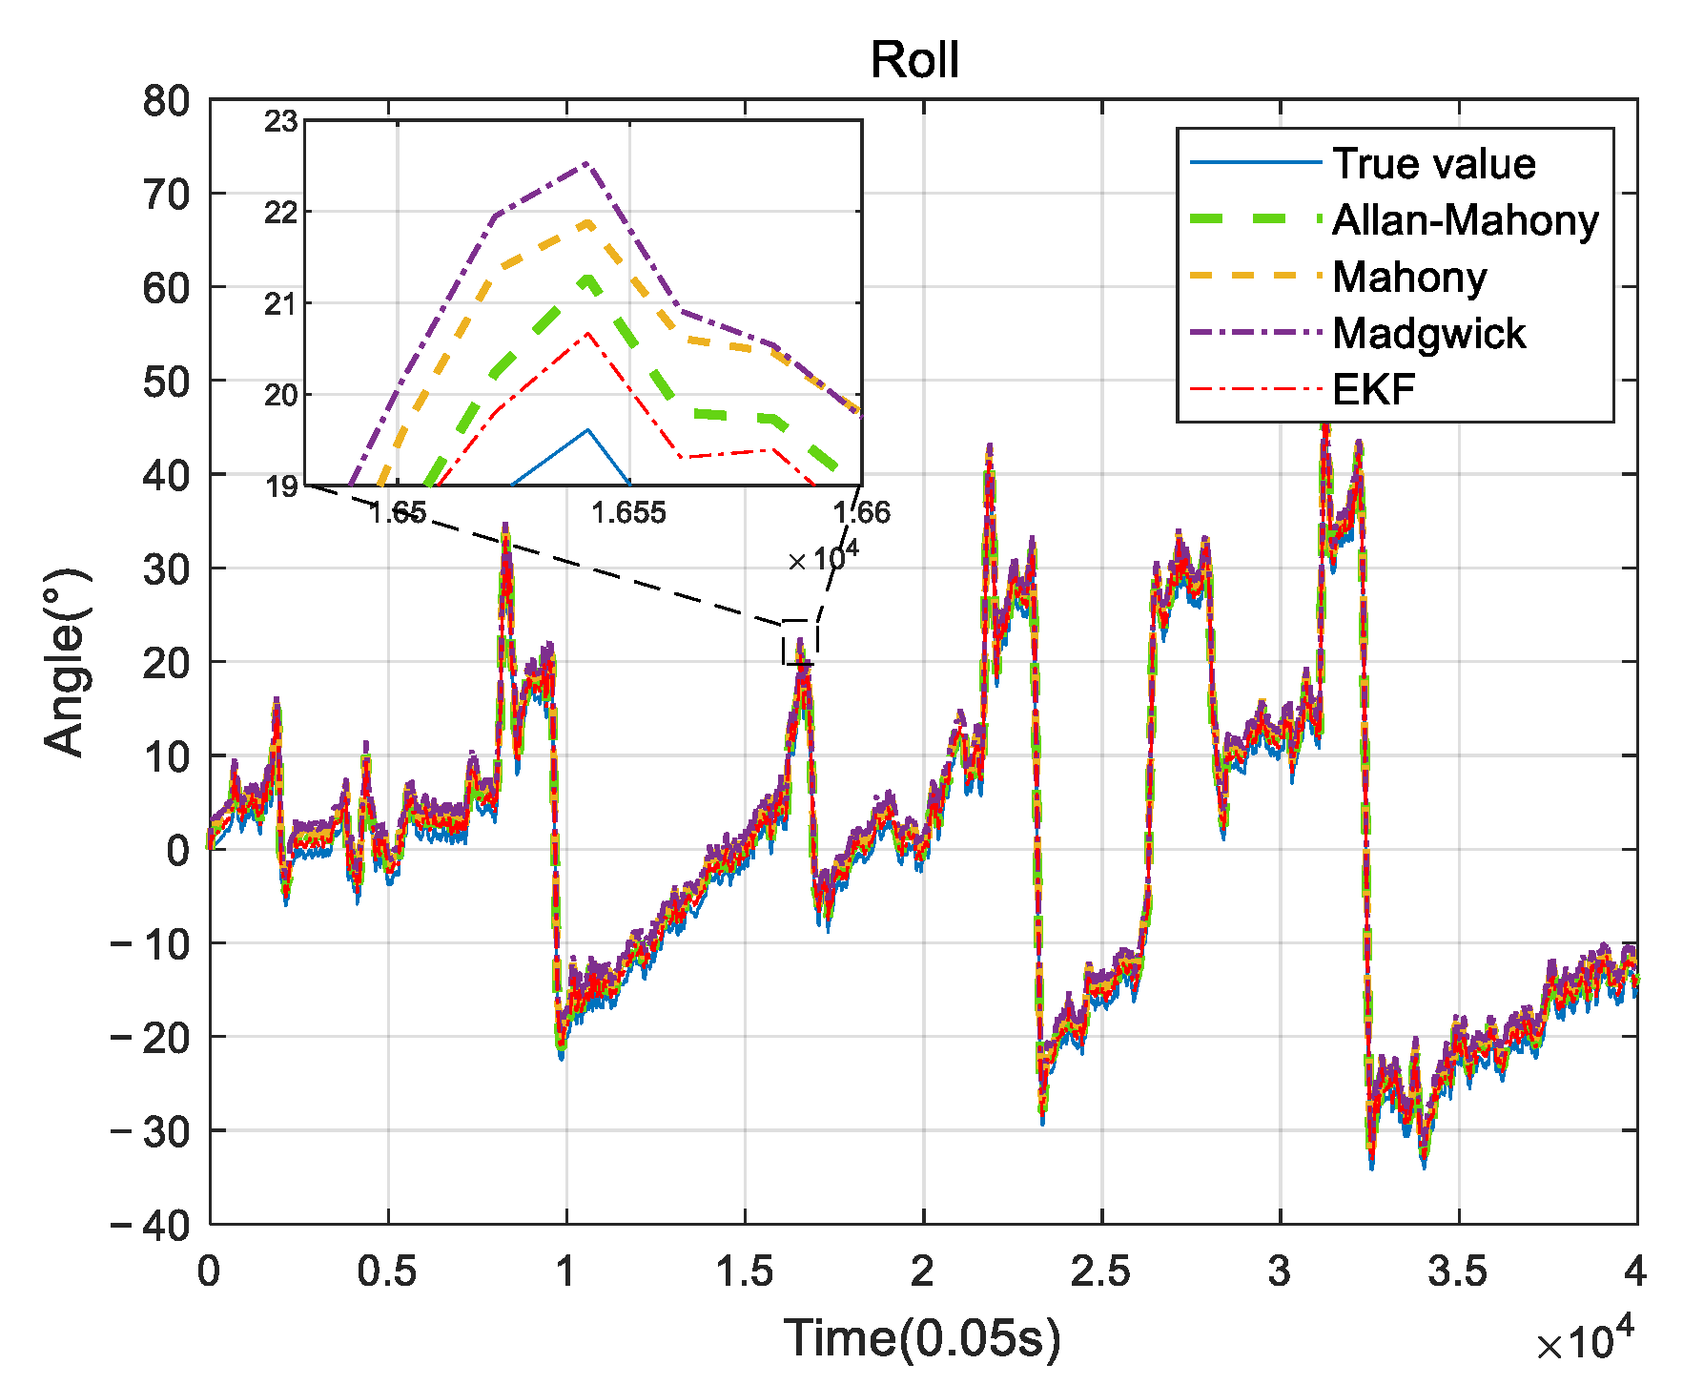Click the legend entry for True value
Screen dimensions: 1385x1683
pos(1433,164)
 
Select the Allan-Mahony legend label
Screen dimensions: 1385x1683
pos(1465,220)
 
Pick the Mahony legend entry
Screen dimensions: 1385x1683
pos(1409,277)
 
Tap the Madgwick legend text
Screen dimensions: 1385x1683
pos(1428,333)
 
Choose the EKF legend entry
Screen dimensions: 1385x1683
pos(1373,389)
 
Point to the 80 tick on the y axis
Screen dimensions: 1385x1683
pos(166,101)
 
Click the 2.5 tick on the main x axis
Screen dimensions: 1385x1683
pos(1100,1271)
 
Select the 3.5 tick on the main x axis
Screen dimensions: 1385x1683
pos(1457,1271)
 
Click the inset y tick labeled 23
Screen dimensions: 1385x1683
pos(281,122)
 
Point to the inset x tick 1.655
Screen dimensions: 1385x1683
pos(628,513)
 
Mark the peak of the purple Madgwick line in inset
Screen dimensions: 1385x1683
pos(587,163)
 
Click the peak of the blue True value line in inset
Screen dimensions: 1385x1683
pos(588,430)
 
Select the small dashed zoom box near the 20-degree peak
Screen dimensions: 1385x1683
pos(800,642)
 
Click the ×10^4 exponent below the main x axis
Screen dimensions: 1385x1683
pos(1584,1341)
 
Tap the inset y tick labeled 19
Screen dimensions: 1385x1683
pos(281,487)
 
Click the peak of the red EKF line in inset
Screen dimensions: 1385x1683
pos(588,333)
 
